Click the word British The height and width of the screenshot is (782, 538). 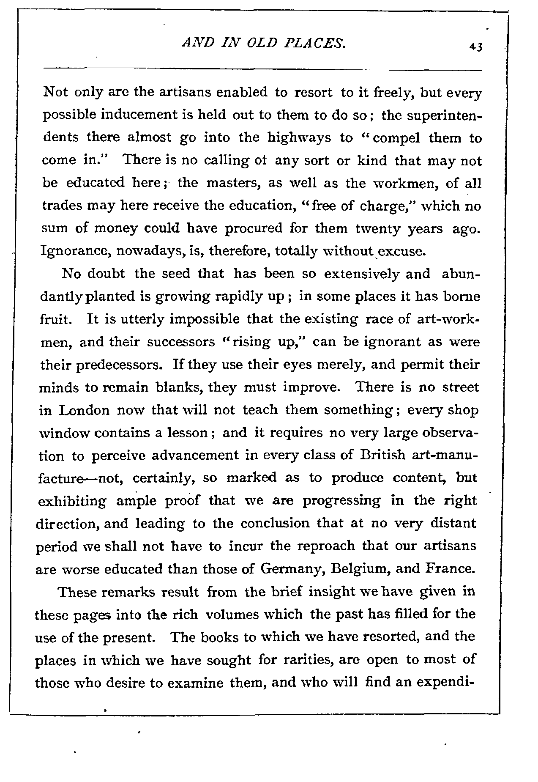click(x=384, y=456)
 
